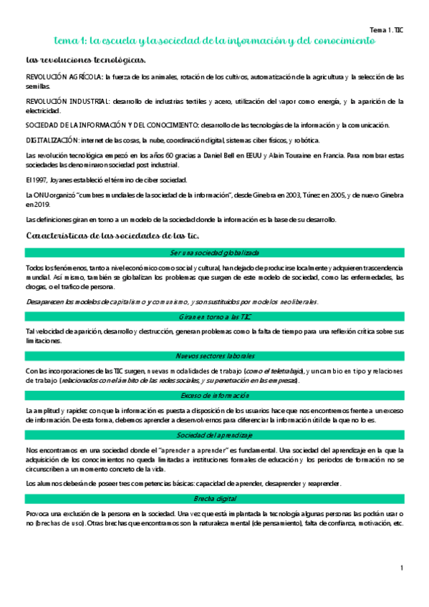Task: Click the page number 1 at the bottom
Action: tap(403, 568)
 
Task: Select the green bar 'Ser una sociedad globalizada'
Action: tap(215, 253)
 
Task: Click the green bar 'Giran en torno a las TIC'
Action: tap(215, 316)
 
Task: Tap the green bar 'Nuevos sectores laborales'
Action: tap(215, 356)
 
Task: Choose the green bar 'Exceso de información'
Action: tap(215, 395)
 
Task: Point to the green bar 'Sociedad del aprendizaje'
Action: tap(215, 435)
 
